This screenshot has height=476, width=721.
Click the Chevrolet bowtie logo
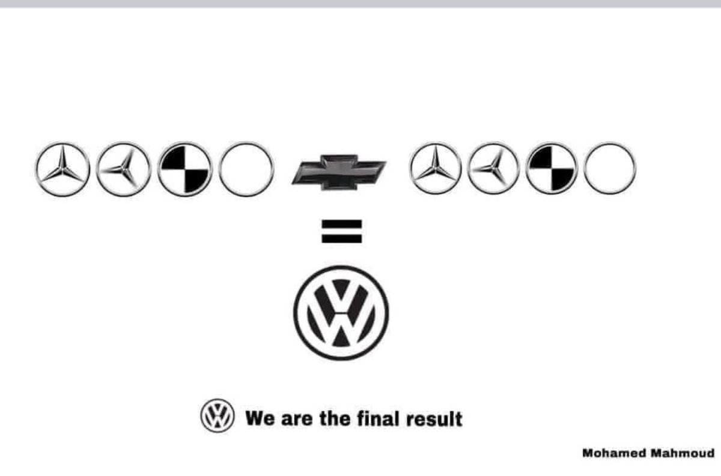338,172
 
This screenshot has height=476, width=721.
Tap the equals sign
341,232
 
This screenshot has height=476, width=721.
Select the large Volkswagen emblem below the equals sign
341,312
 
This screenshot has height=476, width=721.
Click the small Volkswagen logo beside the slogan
217,417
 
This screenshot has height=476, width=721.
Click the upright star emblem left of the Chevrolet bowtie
63,170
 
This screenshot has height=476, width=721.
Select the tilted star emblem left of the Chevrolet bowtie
123,170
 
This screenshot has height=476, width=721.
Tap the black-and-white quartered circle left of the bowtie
184,170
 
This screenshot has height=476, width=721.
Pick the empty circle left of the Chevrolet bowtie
246,170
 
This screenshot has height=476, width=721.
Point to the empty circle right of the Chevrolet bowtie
609,169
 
